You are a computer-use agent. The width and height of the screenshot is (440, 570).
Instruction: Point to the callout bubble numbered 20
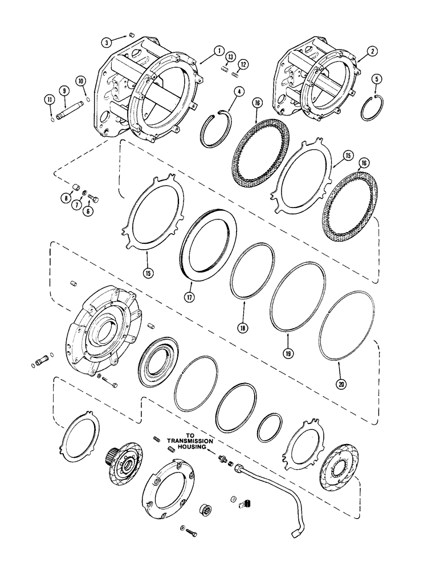tap(341, 385)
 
